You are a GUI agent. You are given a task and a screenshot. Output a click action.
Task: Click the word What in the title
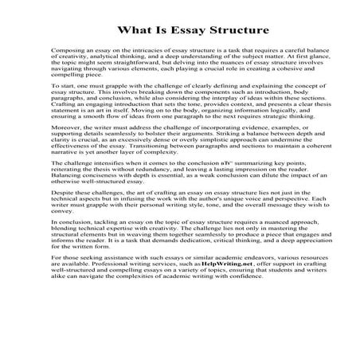(132, 32)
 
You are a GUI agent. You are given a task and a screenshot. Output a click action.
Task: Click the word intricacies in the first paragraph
(143, 50)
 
